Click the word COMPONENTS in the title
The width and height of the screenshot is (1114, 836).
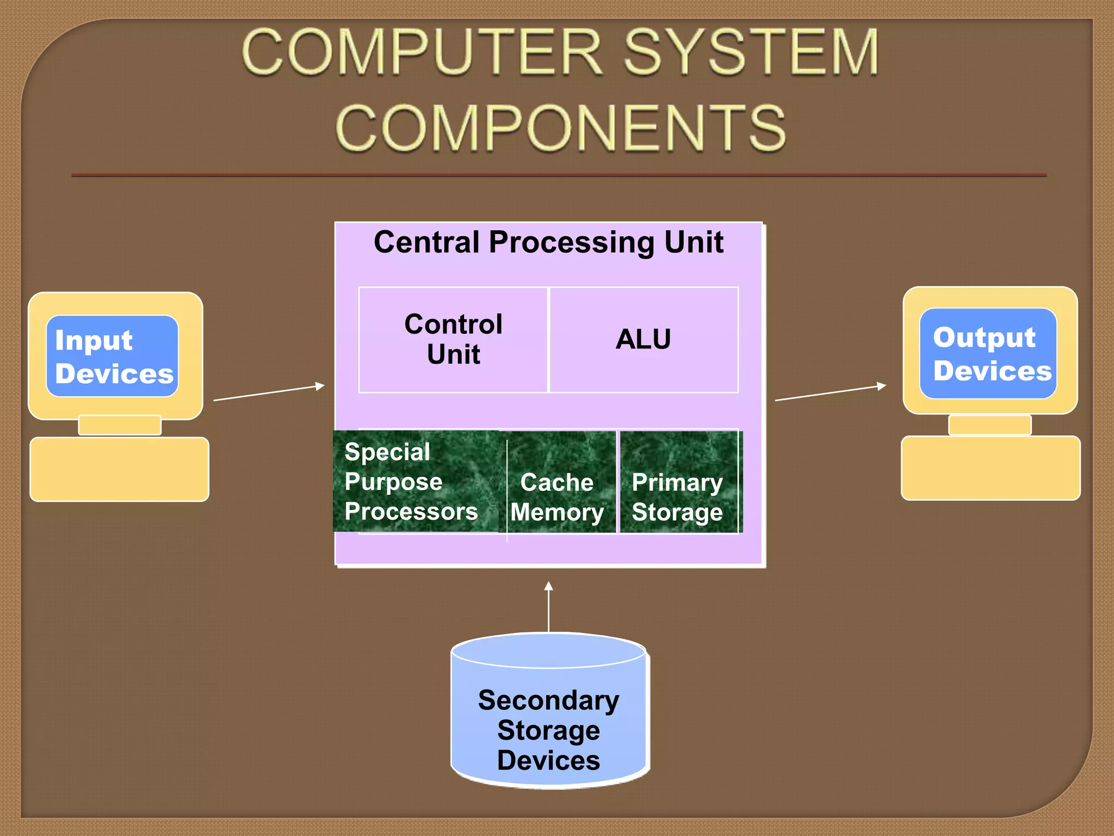[x=560, y=128]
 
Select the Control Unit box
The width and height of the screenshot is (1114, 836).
[x=453, y=339]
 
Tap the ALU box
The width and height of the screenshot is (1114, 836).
[x=643, y=339]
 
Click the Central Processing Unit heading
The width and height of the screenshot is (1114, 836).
[x=548, y=242]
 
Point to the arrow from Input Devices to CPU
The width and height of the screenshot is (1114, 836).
[x=269, y=393]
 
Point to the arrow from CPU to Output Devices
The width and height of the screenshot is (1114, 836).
[x=831, y=393]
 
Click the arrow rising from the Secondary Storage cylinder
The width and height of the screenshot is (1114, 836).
[x=548, y=607]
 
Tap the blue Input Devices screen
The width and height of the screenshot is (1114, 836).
[x=113, y=356]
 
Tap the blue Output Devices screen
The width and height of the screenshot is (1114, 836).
[x=988, y=354]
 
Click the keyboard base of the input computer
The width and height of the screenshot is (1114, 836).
[x=120, y=469]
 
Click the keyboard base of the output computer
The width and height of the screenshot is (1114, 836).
[x=991, y=468]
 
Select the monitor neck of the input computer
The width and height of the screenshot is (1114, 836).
[x=120, y=425]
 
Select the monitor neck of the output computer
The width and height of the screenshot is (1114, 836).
[x=990, y=425]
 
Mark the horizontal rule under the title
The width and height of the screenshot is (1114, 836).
[x=559, y=175]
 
